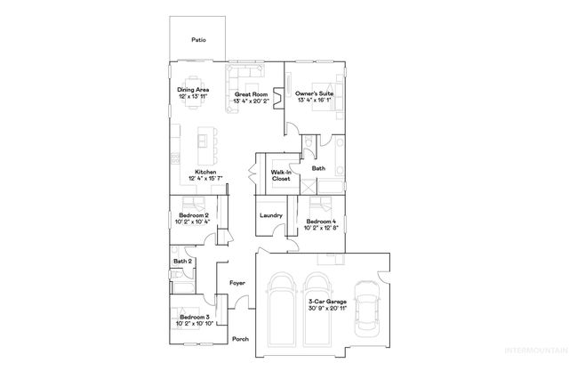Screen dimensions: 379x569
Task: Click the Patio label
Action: click(198, 39)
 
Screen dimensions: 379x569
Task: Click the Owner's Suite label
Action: click(314, 94)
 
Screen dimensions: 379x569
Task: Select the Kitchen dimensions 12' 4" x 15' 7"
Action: click(205, 180)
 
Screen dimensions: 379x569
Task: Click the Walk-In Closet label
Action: click(282, 175)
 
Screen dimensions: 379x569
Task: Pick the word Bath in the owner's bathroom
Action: click(317, 167)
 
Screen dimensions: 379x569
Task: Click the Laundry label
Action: click(271, 215)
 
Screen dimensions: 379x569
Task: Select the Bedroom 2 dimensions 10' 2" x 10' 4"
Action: click(193, 222)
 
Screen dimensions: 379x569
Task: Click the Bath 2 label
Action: click(182, 262)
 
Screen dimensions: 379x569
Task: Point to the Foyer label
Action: click(237, 283)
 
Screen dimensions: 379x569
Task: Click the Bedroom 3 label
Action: click(194, 317)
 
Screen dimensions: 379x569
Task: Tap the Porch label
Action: click(240, 339)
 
